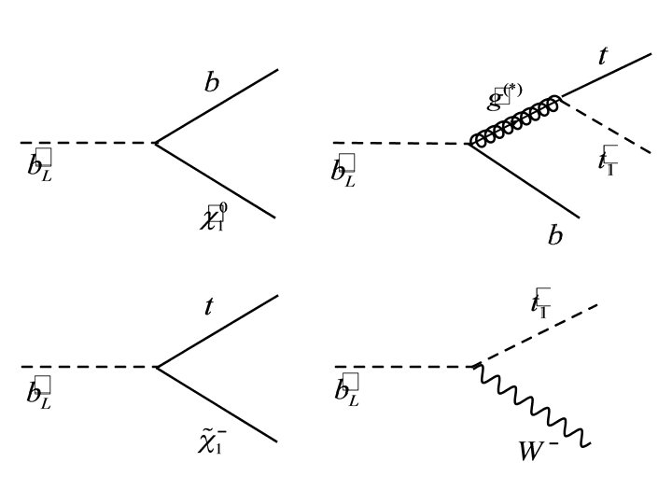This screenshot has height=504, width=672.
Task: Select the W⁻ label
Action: tap(539, 452)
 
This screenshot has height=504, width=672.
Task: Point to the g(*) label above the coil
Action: tap(504, 95)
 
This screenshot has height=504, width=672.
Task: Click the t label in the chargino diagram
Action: tap(208, 306)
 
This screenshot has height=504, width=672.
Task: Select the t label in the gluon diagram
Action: tap(602, 57)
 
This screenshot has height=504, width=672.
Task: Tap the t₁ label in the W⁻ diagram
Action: tap(540, 302)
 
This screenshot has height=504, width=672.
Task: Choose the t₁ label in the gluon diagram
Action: tap(608, 160)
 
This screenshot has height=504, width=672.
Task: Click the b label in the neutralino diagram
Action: tap(212, 82)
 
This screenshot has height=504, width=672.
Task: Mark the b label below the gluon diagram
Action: tap(555, 234)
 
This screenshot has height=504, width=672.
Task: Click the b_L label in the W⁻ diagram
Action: tap(346, 390)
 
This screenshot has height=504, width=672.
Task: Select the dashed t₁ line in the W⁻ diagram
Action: tap(537, 335)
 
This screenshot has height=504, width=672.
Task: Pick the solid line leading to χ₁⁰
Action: tap(215, 180)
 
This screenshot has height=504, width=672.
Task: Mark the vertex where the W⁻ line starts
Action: tap(476, 367)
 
